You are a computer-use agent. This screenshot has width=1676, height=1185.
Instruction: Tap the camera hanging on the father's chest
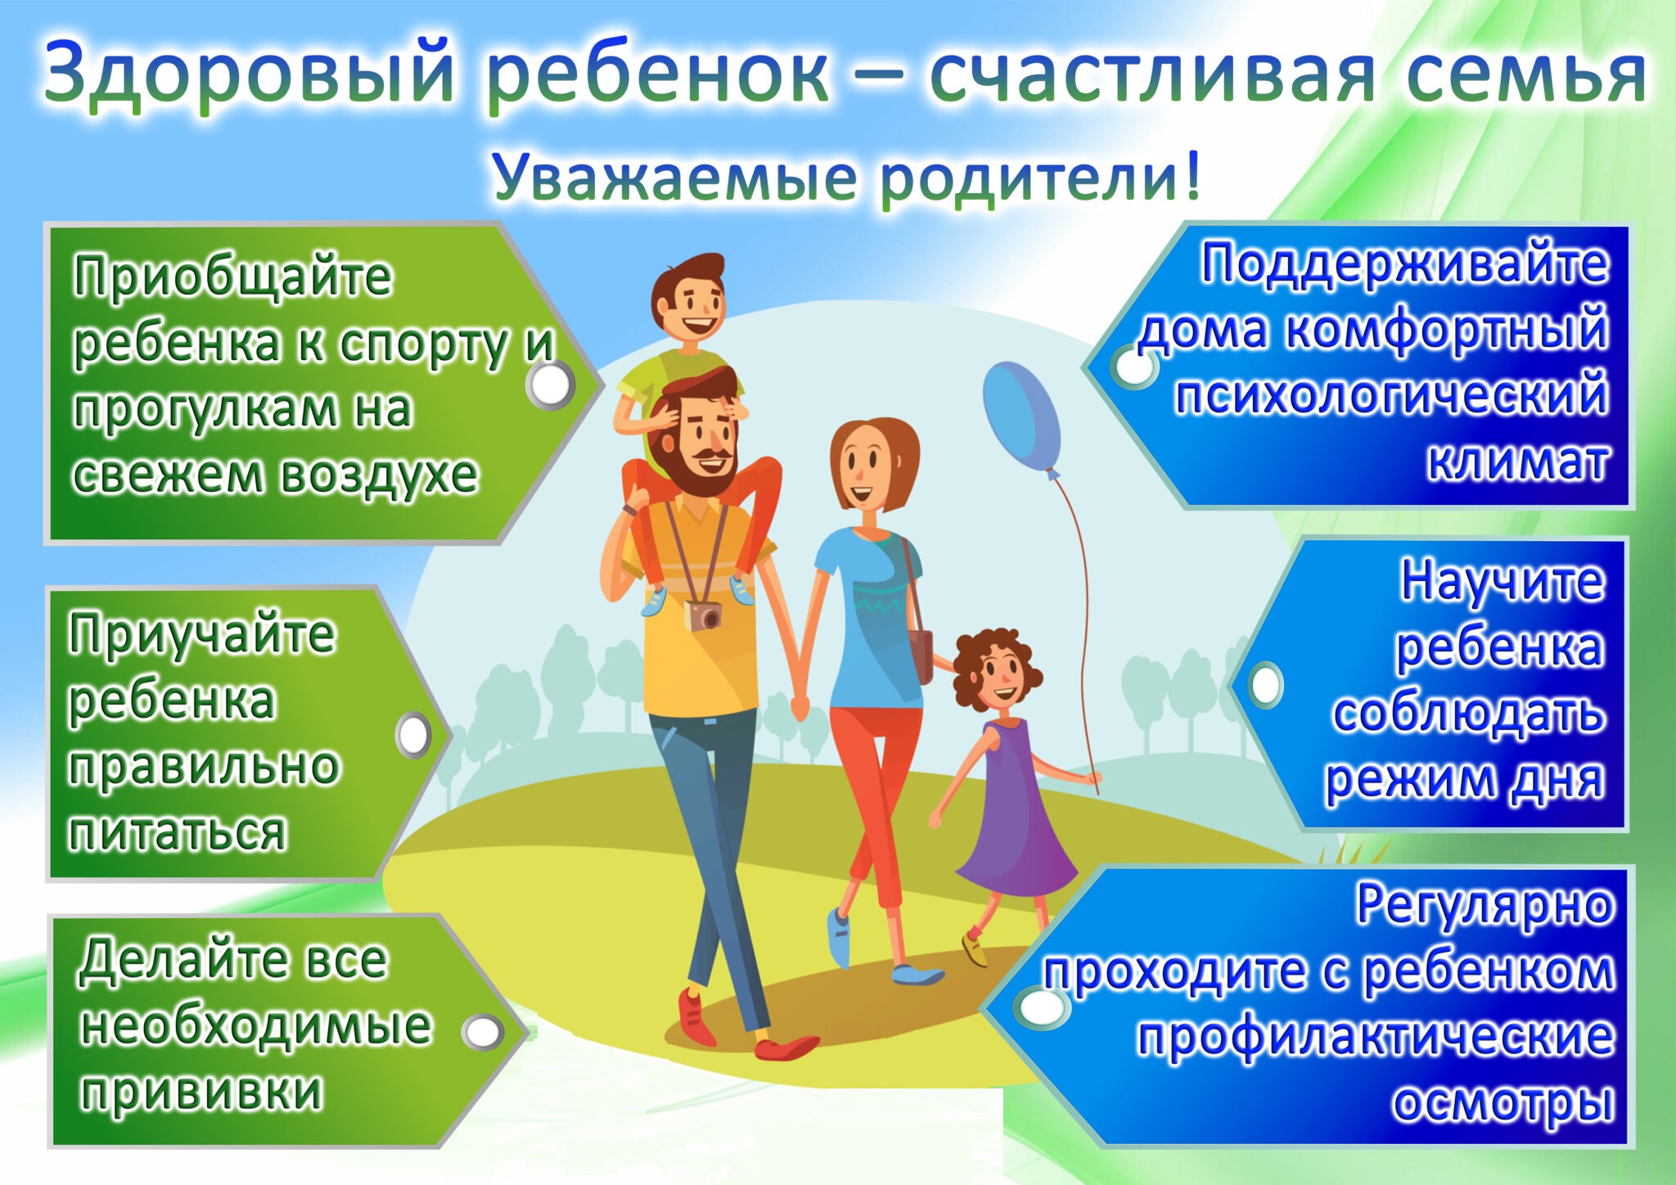[x=704, y=616]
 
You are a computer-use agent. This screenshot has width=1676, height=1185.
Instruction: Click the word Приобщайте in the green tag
[x=233, y=277]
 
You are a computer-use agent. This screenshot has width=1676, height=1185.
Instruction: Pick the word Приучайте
[x=201, y=635]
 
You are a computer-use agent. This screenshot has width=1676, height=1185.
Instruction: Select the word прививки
[x=201, y=1092]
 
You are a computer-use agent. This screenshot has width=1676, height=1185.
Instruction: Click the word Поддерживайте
[x=1404, y=264]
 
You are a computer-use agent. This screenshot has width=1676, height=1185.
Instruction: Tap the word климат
[x=1518, y=462]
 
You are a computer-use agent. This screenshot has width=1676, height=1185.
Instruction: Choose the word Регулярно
[x=1485, y=905]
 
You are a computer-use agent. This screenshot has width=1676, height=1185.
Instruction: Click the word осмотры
[x=1504, y=1102]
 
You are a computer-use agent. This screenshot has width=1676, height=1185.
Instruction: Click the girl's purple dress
[x=1015, y=810]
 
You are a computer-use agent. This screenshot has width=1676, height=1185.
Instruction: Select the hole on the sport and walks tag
[x=549, y=385]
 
